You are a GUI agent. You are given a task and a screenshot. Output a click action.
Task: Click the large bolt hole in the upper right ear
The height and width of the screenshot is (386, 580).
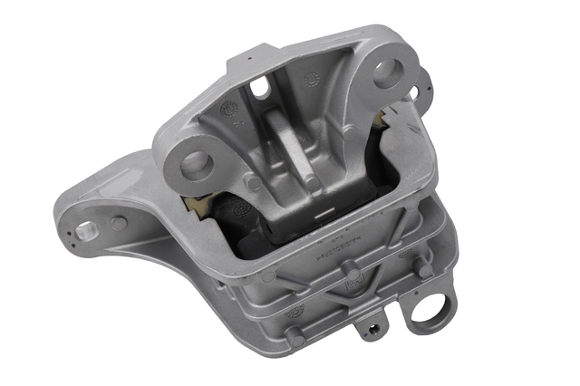click(388, 72)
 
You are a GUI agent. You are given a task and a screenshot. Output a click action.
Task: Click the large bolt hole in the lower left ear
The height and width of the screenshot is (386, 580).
click(196, 164)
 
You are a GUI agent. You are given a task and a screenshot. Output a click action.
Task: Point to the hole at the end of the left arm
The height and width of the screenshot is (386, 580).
click(85, 231)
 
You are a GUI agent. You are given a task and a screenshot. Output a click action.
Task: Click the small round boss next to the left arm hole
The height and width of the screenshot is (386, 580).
click(118, 222)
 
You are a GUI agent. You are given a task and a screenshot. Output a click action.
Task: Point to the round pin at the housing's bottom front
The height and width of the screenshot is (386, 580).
click(295, 337)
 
